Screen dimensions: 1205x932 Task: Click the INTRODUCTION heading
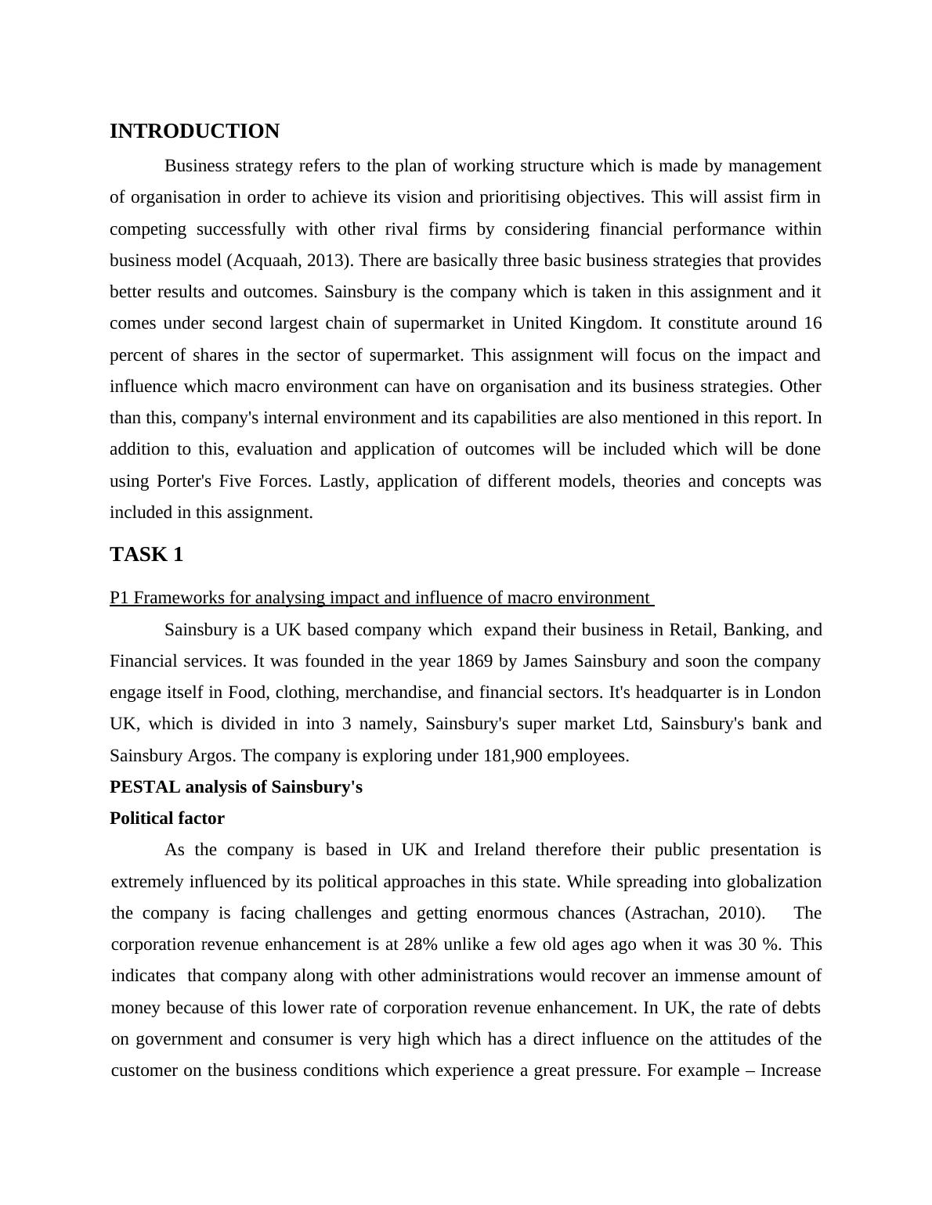point(194,131)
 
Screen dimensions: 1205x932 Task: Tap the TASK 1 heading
point(146,555)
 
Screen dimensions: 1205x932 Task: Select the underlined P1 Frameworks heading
point(381,599)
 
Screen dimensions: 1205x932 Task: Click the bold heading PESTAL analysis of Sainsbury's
point(236,787)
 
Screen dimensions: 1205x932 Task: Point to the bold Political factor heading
point(167,818)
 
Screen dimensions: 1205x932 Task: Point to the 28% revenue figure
point(421,944)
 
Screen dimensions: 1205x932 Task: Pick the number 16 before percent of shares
point(812,323)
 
